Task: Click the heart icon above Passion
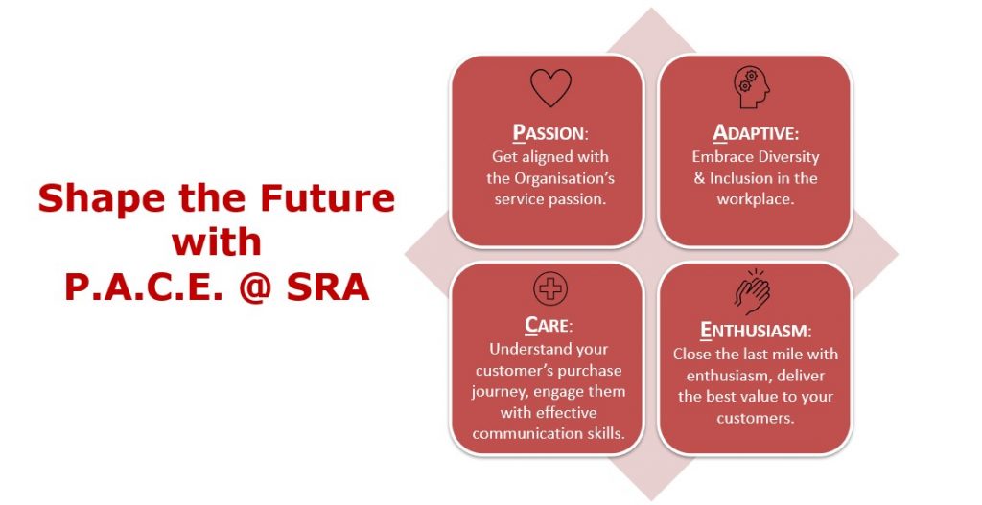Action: pyautogui.click(x=550, y=87)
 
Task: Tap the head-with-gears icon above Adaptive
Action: pyautogui.click(x=752, y=88)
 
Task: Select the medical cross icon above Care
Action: pyautogui.click(x=550, y=288)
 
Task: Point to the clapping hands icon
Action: pyautogui.click(x=753, y=291)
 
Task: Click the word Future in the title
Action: pyautogui.click(x=328, y=197)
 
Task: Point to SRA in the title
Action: pyautogui.click(x=328, y=287)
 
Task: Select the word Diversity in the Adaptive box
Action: pyautogui.click(x=788, y=156)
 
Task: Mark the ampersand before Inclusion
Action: pyautogui.click(x=699, y=178)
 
